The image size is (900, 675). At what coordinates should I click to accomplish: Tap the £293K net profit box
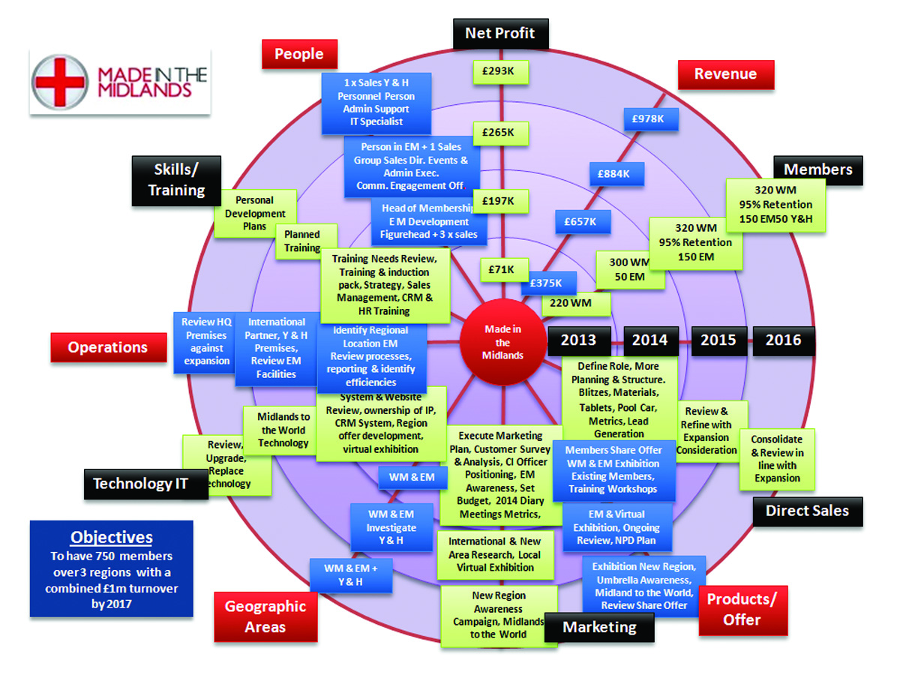coord(501,72)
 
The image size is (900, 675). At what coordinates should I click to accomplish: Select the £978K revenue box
coord(650,118)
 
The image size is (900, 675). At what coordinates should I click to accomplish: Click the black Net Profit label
coord(500,34)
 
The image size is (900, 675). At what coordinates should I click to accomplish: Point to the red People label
coord(298,54)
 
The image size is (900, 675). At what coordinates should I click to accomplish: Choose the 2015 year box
coord(718,340)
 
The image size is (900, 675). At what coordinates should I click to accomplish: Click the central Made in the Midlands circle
coord(502,341)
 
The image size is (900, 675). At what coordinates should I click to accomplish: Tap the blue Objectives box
coord(111,568)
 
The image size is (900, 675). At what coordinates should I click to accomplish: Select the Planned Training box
coord(301,241)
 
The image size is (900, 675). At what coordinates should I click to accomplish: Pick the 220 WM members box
coord(576,304)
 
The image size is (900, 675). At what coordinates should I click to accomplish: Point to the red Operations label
coord(108,347)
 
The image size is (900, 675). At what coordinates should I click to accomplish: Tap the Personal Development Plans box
coord(254,213)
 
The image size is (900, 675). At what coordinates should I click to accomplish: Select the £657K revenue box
coord(582,221)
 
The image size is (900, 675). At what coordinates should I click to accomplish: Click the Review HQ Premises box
coord(206,341)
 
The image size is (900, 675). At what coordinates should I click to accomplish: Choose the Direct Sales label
coord(807,511)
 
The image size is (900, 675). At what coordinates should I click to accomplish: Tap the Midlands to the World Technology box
coord(283,430)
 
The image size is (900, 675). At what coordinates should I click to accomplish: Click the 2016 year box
coord(783,340)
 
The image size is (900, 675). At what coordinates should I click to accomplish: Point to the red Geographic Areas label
coord(265,616)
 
